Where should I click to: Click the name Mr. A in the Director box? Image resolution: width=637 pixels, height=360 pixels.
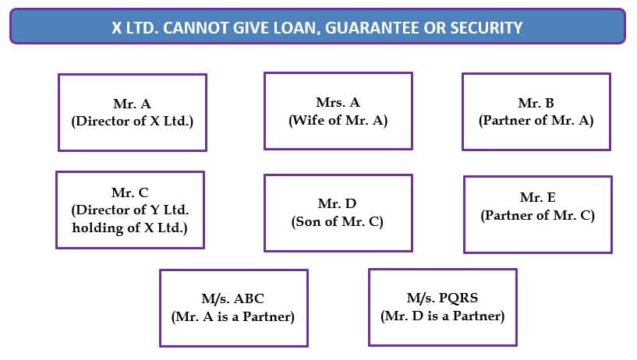tap(132, 104)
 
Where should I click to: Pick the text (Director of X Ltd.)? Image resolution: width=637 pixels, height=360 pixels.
tap(133, 121)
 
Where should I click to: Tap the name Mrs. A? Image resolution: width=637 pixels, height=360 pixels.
tap(338, 102)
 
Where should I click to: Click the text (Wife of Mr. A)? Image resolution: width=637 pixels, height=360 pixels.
tap(338, 120)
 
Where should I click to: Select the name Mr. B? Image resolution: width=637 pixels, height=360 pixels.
tap(536, 103)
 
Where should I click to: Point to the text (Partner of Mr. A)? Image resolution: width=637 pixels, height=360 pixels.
tap(536, 120)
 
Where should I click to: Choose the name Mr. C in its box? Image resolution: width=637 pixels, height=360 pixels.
tap(130, 192)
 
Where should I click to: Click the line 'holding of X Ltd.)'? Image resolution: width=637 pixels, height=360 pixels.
tap(129, 228)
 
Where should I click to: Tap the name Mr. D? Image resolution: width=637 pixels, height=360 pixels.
tap(337, 203)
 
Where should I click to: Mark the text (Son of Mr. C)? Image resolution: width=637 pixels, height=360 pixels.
tap(337, 221)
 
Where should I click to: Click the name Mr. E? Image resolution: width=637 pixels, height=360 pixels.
tap(537, 198)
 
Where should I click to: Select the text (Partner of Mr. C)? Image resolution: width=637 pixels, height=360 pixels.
tap(537, 215)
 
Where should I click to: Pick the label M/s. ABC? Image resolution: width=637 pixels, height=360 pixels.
tap(233, 298)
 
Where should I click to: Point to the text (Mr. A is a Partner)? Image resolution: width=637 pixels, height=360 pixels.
tap(233, 316)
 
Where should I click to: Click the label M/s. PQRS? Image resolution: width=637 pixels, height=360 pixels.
tap(442, 298)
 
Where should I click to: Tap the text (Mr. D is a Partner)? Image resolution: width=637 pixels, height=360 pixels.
tap(442, 316)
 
